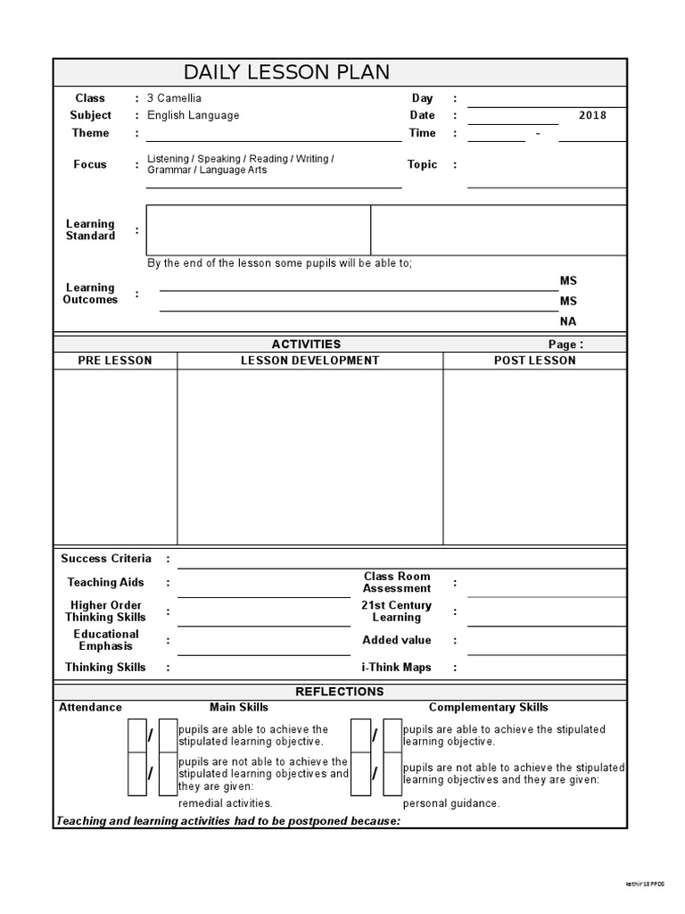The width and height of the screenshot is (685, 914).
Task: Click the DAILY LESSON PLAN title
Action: point(286,72)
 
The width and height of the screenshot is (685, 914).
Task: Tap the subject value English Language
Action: point(193,115)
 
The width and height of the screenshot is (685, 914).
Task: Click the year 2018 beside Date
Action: point(591,115)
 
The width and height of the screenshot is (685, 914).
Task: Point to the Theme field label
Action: point(90,133)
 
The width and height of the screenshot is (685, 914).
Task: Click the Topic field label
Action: point(422,164)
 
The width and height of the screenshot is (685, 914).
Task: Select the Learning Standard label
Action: point(90,230)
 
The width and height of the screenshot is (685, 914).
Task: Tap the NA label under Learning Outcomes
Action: point(568,321)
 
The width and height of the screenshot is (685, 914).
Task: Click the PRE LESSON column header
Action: point(115,361)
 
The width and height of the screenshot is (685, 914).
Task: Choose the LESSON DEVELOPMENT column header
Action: point(309,361)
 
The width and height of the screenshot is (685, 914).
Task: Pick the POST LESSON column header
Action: point(534,361)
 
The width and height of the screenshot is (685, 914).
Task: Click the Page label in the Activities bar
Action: point(565,345)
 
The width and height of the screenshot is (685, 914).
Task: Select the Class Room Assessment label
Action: point(397,583)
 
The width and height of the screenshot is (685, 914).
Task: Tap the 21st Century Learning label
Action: point(397,611)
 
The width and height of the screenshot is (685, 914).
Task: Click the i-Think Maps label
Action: point(396,668)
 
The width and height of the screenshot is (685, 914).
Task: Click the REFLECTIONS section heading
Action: point(339,692)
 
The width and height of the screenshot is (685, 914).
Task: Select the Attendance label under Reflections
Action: point(90,708)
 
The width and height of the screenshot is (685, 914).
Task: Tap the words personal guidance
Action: point(451,803)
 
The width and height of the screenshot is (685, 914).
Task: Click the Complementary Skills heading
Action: point(488,708)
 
